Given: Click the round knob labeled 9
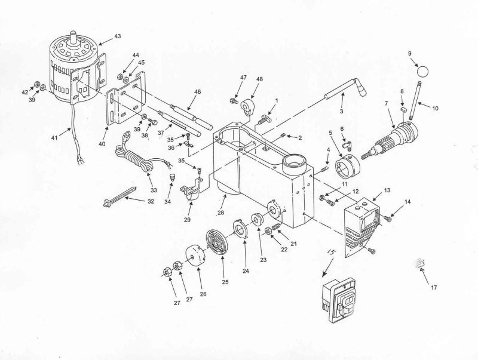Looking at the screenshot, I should pos(424,71).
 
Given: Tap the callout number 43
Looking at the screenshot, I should pos(117,37).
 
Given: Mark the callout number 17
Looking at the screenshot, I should pos(434,288).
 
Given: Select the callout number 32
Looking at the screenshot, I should pos(151,202).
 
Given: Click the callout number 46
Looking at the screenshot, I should pos(197,93).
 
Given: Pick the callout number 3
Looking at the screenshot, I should pos(341,112).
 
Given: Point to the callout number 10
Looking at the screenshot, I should pos(435,108).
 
